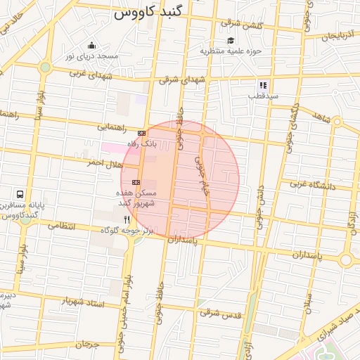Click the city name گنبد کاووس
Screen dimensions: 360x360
click(x=152, y=13)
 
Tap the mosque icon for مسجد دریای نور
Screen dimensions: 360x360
click(x=91, y=46)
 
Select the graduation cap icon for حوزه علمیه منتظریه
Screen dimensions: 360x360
click(x=231, y=40)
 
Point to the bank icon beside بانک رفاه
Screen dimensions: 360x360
click(x=141, y=132)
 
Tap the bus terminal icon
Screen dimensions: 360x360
click(x=19, y=194)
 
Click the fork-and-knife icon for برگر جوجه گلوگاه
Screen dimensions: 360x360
click(x=127, y=219)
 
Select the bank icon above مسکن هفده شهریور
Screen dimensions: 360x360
click(x=136, y=181)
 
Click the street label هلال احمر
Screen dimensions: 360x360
click(x=100, y=162)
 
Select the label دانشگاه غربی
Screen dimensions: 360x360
click(x=314, y=186)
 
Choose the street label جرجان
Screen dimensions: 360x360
click(x=84, y=345)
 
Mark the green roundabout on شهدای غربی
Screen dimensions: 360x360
click(x=46, y=67)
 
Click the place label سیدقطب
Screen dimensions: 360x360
click(x=267, y=95)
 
